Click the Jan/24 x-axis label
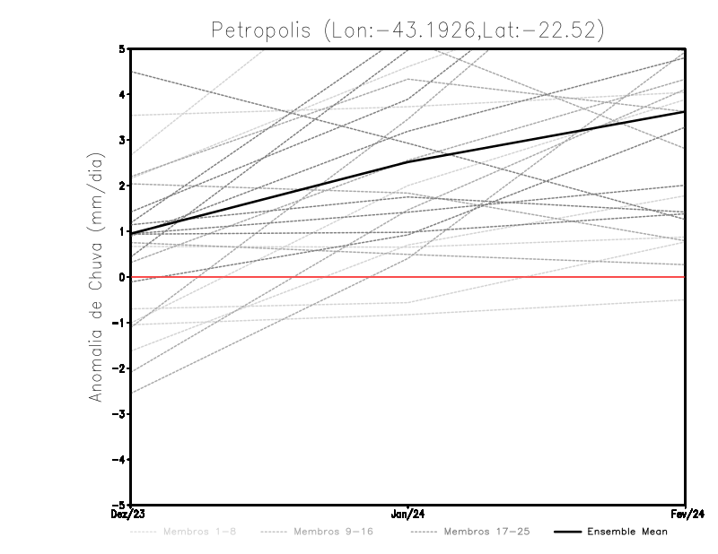(408, 515)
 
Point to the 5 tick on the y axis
(122, 48)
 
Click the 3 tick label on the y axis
(122, 140)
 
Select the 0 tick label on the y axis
(122, 277)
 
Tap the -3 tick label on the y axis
(119, 414)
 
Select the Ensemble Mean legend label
(627, 532)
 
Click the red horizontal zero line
(538, 277)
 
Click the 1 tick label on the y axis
(122, 231)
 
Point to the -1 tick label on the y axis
(119, 323)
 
